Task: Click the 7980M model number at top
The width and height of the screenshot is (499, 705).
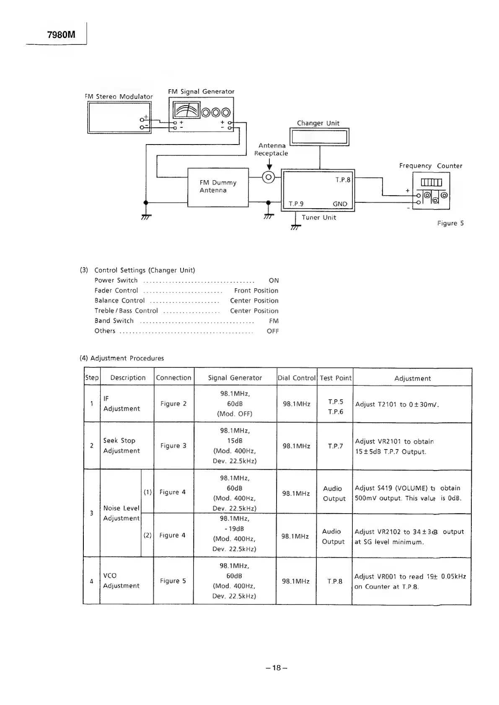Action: pos(61,35)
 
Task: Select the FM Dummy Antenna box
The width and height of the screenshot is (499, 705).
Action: pos(218,187)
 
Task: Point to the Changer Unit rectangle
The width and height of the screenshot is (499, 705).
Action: pos(319,137)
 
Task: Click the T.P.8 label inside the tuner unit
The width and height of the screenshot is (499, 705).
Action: pos(343,180)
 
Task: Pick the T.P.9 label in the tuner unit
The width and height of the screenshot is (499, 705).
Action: pos(296,204)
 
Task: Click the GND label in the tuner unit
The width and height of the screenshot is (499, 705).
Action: pos(340,204)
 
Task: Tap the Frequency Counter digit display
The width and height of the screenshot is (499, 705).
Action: pos(431,182)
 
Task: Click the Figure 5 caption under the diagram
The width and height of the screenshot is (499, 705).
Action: pos(450,223)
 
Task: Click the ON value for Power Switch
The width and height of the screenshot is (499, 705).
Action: pos(273,281)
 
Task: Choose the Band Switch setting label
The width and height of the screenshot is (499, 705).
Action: pos(114,321)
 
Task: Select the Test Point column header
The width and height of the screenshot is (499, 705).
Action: pos(335,378)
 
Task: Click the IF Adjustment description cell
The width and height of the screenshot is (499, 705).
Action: pos(122,404)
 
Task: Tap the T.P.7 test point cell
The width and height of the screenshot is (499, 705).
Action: pos(335,446)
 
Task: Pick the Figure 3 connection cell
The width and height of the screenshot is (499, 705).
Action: pos(173,446)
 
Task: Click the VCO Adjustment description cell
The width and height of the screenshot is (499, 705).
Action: pos(121,581)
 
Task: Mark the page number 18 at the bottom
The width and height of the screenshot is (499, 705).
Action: pos(276,668)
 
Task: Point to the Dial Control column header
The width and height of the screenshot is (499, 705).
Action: pos(297,378)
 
